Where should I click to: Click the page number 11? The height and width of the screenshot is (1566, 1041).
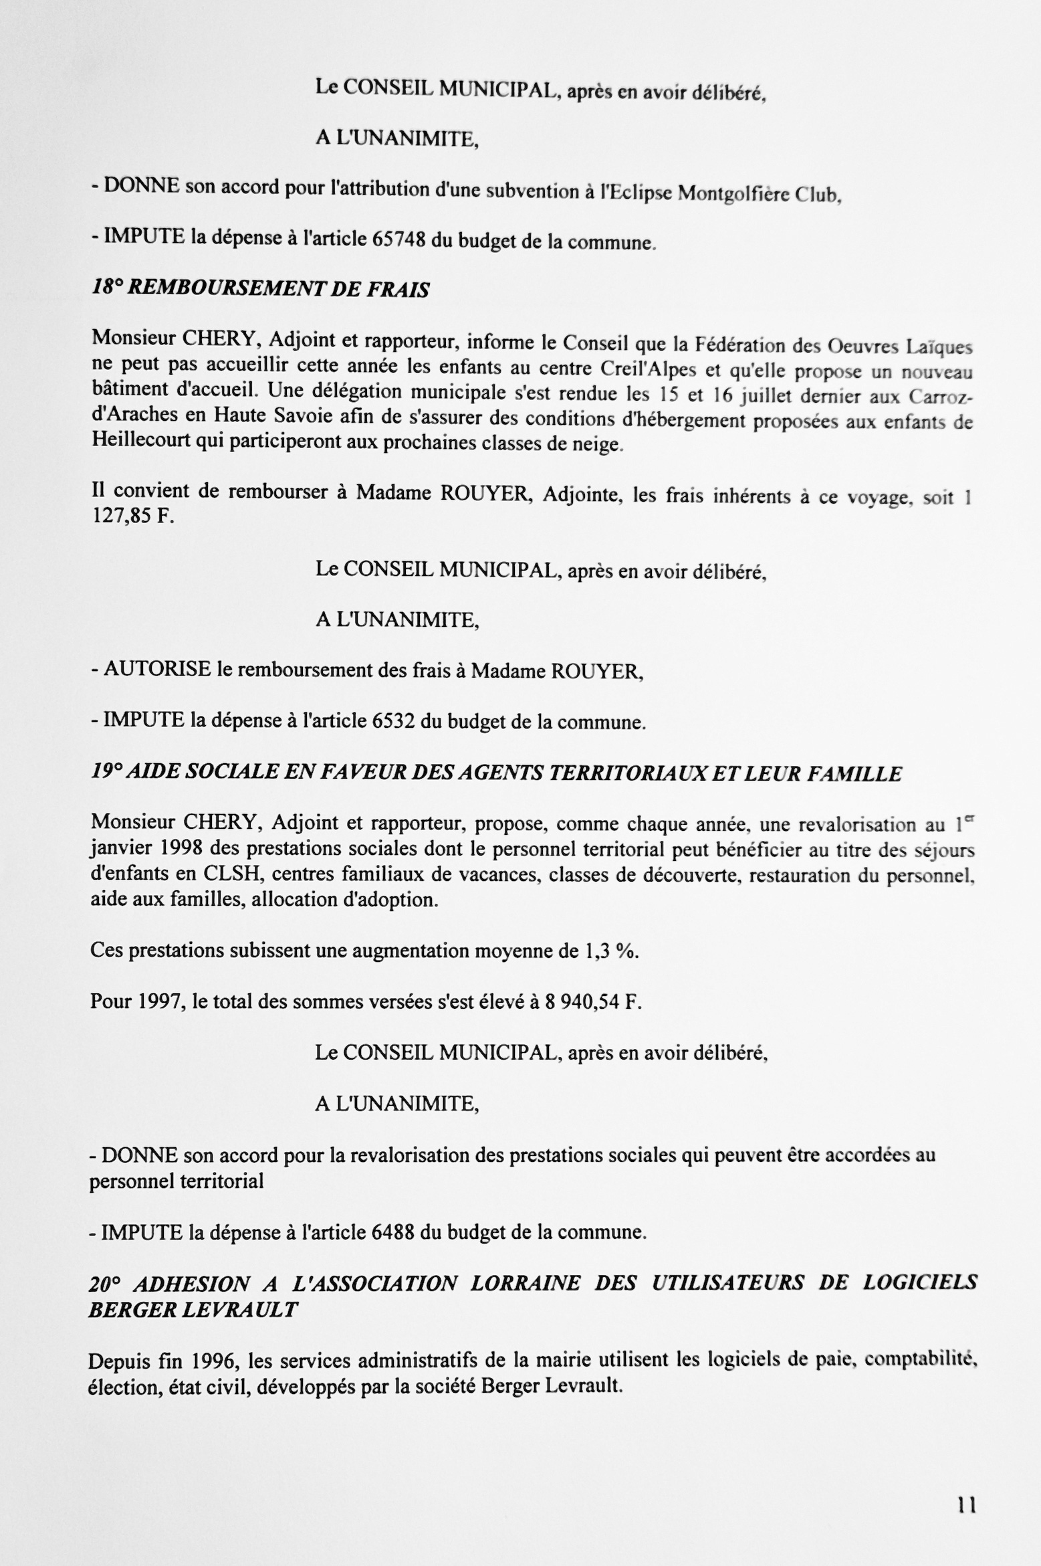click(967, 1506)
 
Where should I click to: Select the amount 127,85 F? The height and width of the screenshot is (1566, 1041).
click(132, 517)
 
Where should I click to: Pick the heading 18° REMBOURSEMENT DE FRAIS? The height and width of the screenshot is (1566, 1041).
click(260, 288)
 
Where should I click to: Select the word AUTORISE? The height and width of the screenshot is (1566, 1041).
click(157, 670)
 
